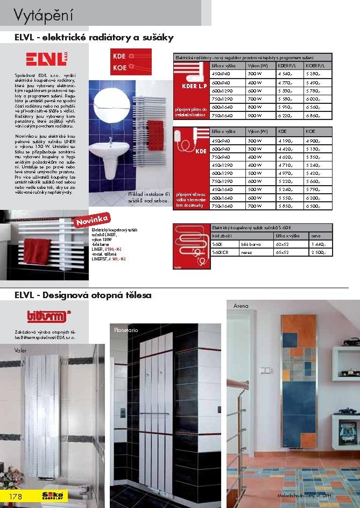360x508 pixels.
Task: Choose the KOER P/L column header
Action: [315, 65]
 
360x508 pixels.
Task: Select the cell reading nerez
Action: [248, 252]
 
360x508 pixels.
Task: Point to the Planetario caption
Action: [126, 329]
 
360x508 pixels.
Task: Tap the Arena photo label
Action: [241, 306]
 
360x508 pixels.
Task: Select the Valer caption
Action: [20, 350]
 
